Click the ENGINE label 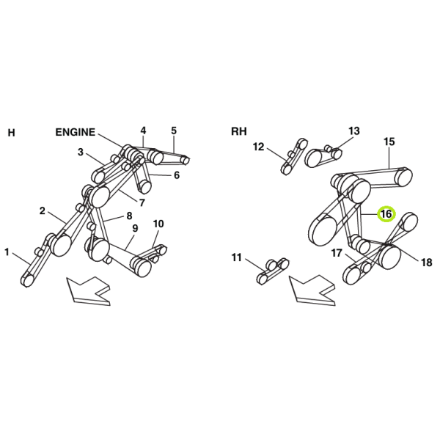[76, 132]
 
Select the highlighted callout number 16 [386, 214]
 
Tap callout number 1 [7, 252]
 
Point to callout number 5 [174, 131]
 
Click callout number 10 [158, 224]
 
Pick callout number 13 [354, 131]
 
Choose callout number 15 [389, 142]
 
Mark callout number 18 [427, 263]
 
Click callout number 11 [237, 257]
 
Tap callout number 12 [258, 147]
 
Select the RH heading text [239, 131]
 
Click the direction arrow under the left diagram [89, 290]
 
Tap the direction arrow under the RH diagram [312, 290]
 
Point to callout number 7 [142, 202]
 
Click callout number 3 [81, 152]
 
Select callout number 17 [337, 253]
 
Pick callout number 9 [135, 228]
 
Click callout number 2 [42, 210]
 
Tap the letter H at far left [11, 133]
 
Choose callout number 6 [177, 175]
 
